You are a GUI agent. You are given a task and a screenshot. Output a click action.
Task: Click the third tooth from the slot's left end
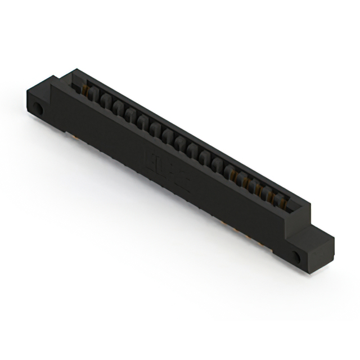(118, 109)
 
